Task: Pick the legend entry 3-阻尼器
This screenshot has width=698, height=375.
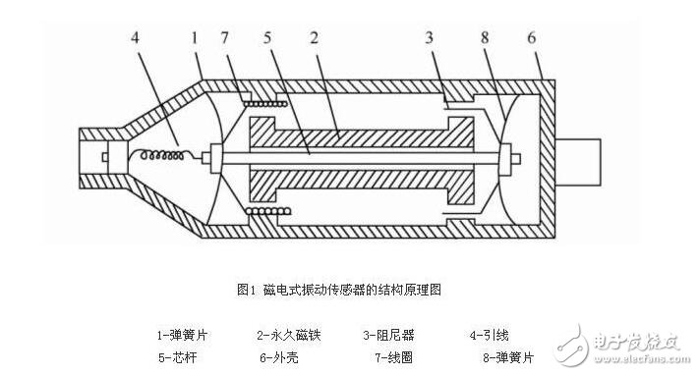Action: (392, 335)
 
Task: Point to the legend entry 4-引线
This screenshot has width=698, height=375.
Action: (490, 335)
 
